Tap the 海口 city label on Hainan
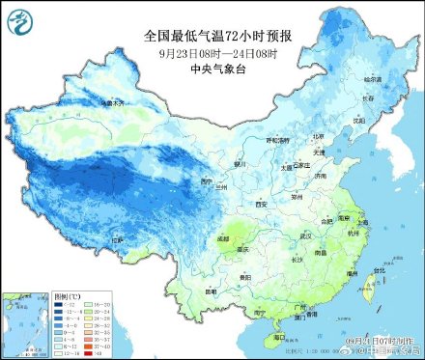tap(281, 339)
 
